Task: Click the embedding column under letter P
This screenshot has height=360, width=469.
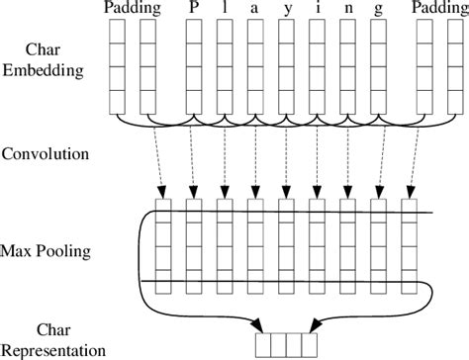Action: (x=194, y=64)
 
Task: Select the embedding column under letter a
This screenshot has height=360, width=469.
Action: (x=255, y=64)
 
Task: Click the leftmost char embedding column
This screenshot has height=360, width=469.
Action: (x=117, y=64)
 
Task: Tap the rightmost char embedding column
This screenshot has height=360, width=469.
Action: (x=452, y=64)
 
